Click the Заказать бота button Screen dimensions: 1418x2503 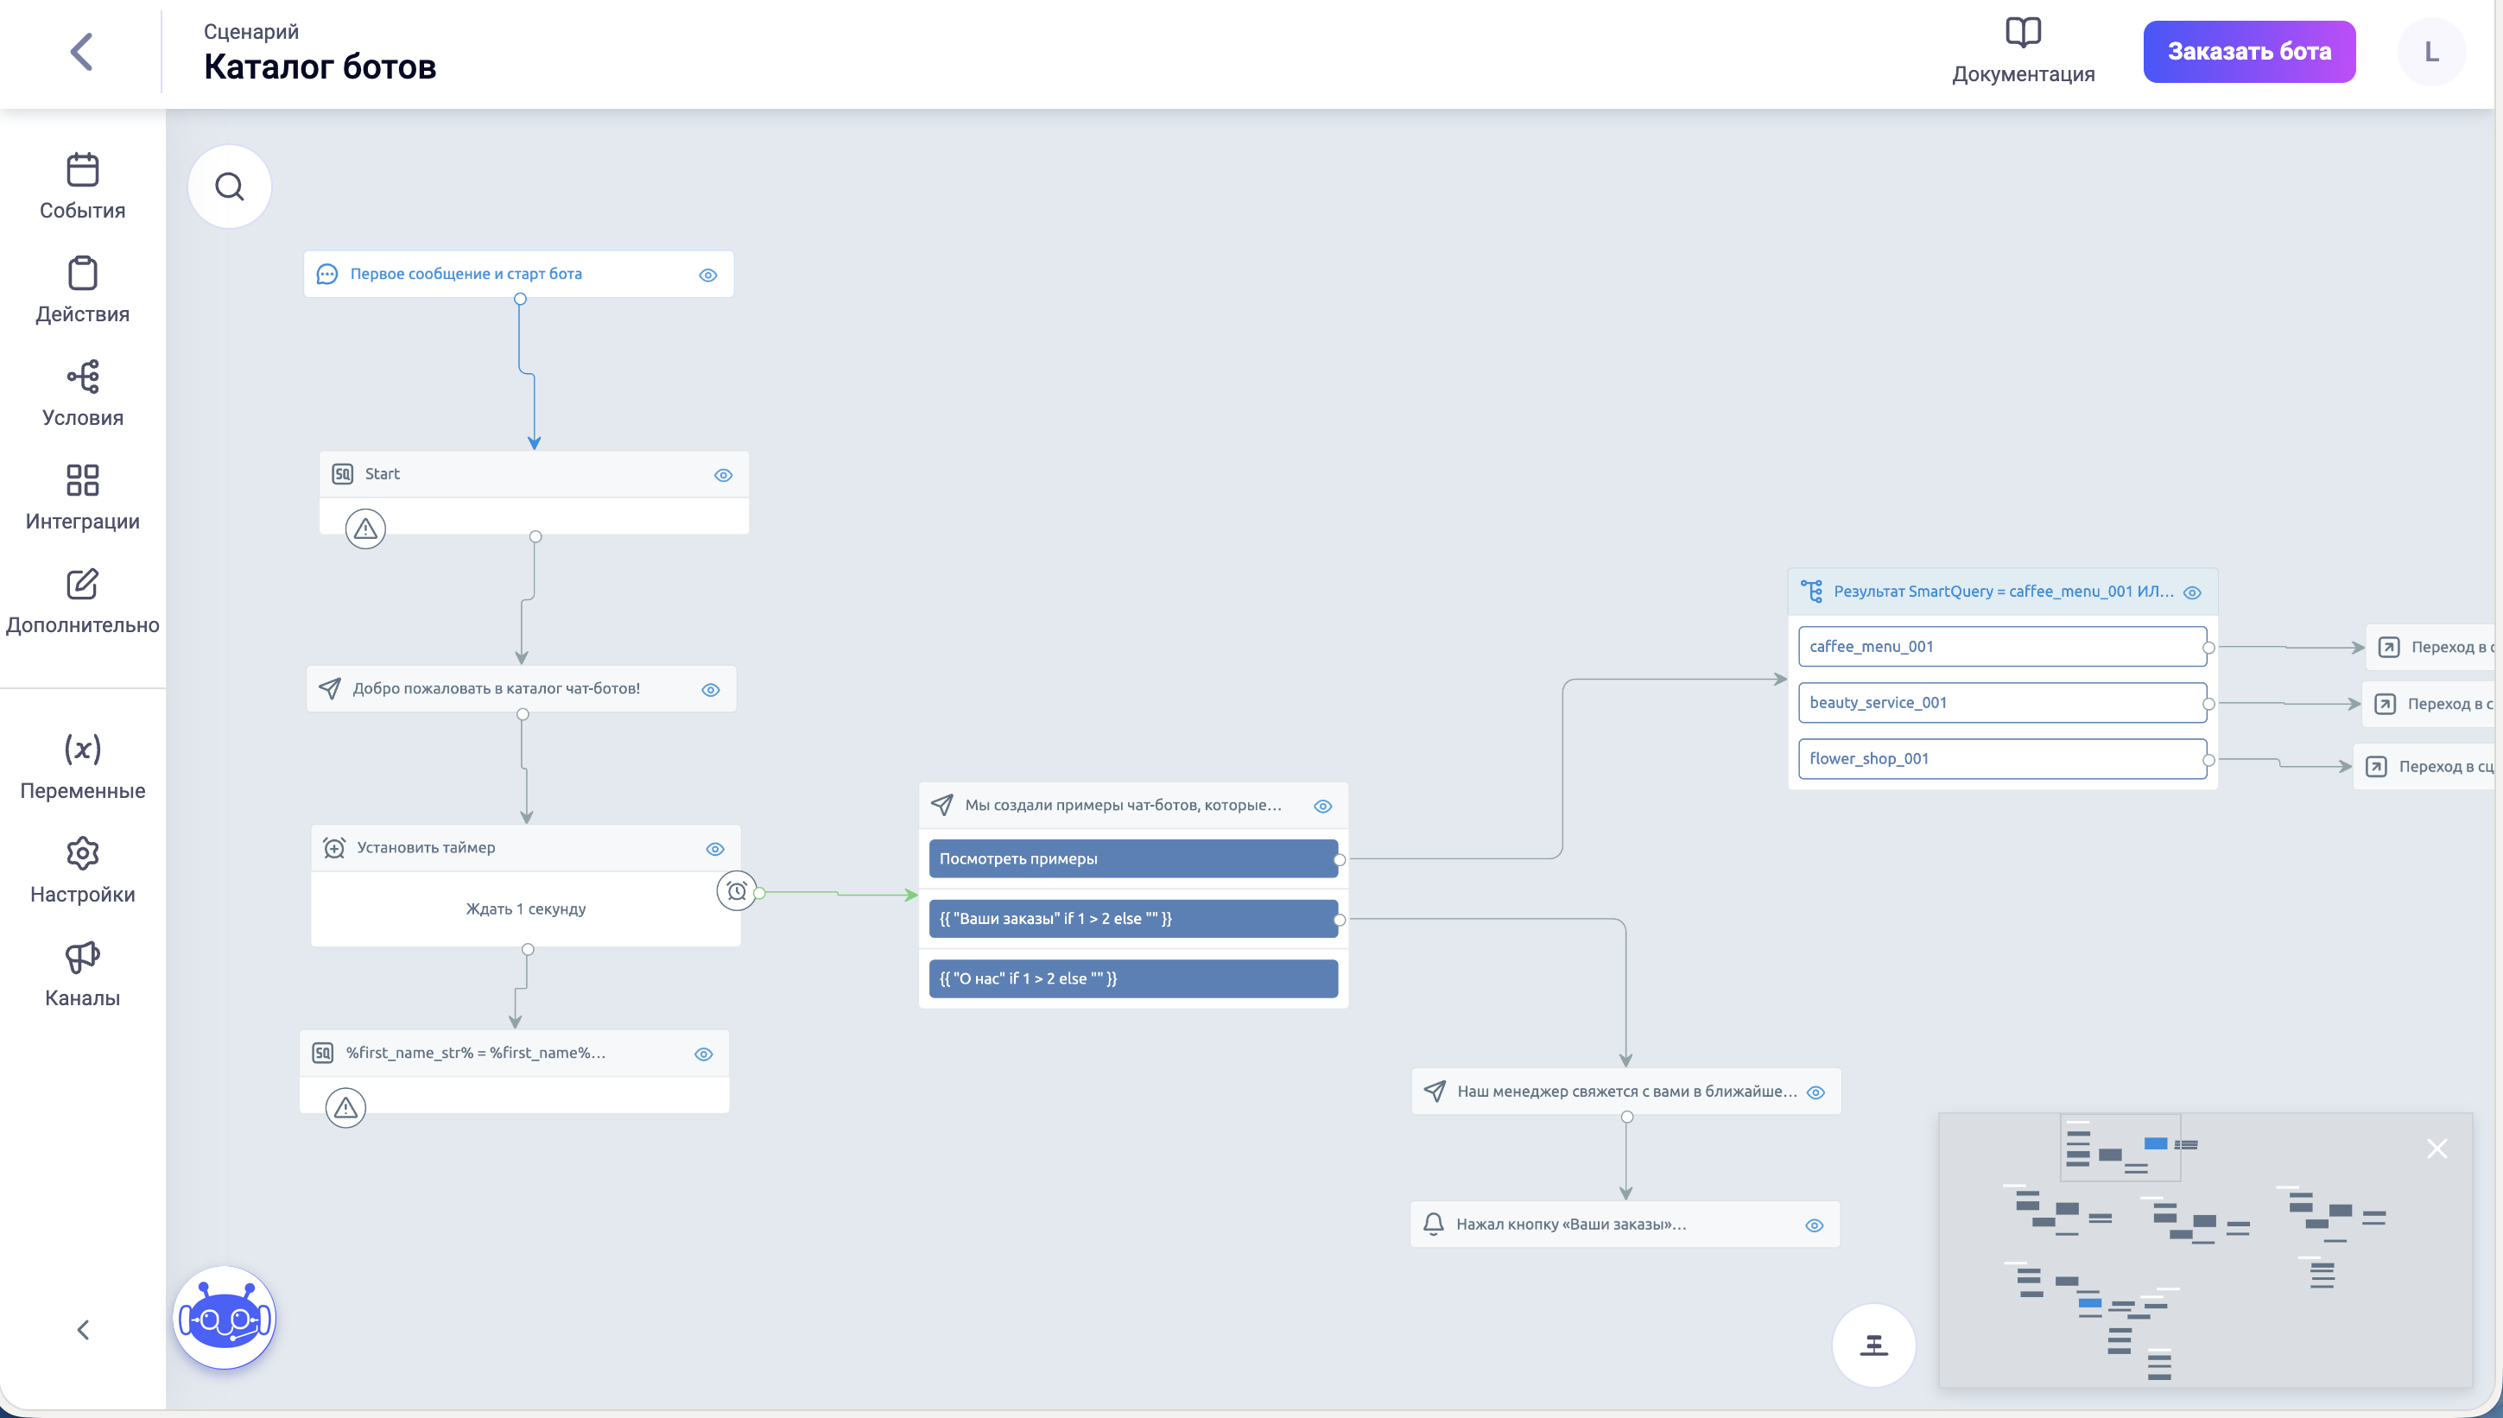pos(2248,52)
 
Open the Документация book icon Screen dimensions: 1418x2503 pos(2022,33)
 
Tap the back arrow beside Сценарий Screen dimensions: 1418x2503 pos(82,52)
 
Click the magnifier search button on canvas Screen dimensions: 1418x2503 pos(230,186)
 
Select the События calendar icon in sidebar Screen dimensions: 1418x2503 pos(83,170)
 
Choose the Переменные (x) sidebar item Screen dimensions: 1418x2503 pos(83,749)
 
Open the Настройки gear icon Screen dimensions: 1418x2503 pos(83,853)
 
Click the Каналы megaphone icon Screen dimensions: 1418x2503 pos(83,958)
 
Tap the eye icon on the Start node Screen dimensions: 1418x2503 pos(723,475)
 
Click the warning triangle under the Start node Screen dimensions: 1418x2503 pos(365,529)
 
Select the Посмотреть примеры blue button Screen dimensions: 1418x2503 pos(1132,859)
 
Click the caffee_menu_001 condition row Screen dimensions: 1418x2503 pos(2001,647)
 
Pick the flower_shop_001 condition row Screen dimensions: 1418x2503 pos(2001,759)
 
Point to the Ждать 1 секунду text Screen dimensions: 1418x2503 pos(526,908)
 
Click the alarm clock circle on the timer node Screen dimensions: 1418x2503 pos(736,890)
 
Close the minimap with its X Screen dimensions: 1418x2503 pos(2436,1149)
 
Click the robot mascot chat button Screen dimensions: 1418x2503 pos(225,1318)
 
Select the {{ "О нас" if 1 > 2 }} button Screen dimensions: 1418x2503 pos(1132,978)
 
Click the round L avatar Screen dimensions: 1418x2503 pos(2431,52)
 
